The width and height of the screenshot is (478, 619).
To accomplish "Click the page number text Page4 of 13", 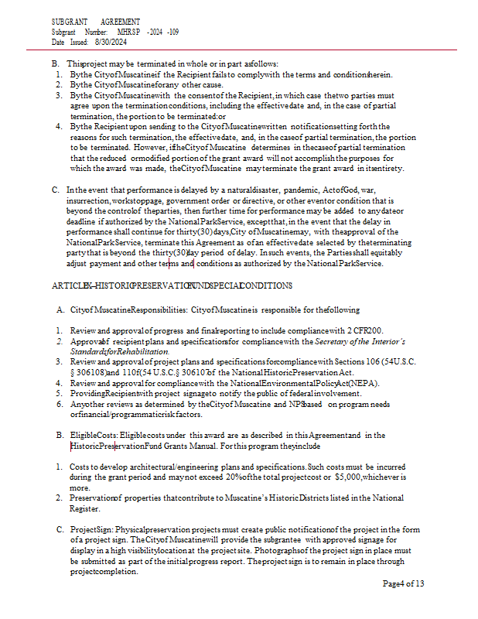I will pos(403,583).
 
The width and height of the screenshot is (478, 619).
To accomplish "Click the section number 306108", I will pos(97,371).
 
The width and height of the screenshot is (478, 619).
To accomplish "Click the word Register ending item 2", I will pos(84,508).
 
